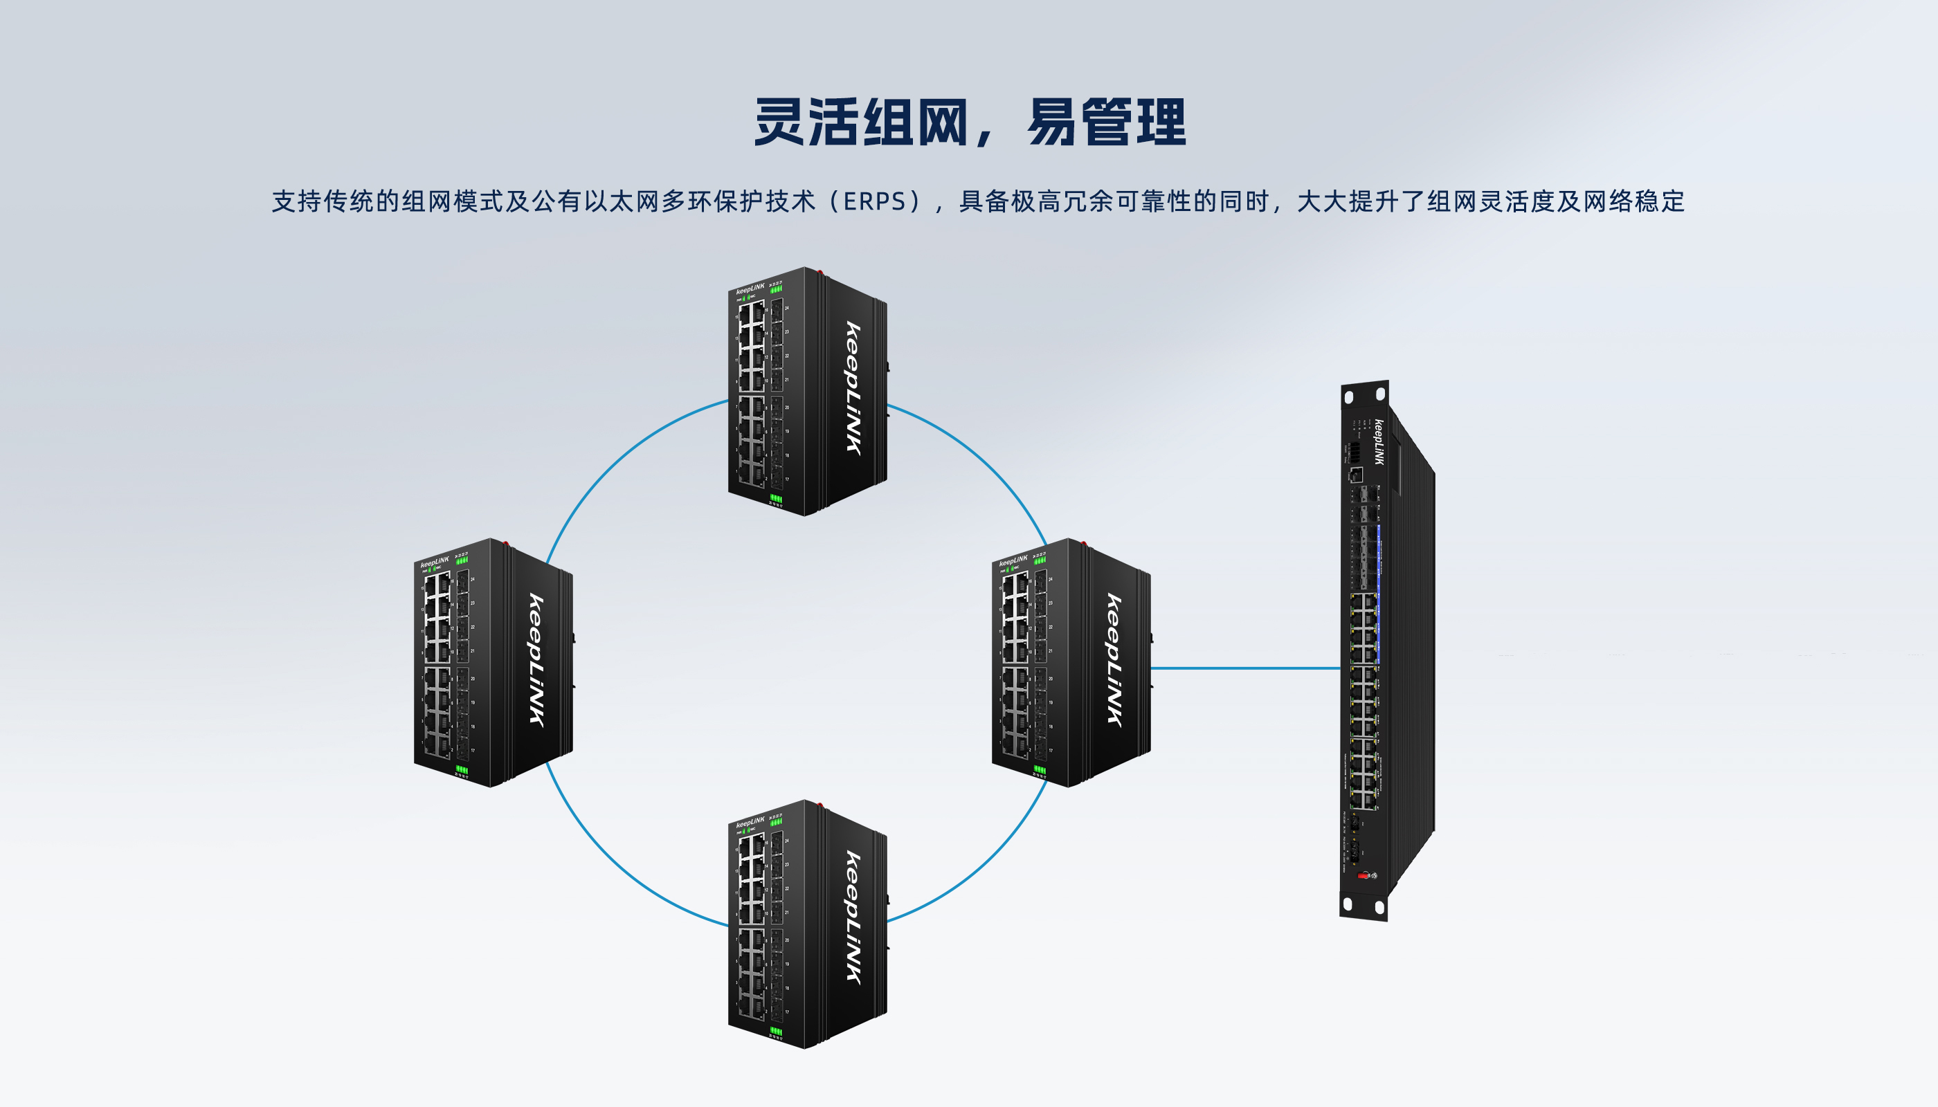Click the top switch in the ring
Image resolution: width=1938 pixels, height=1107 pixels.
(806, 392)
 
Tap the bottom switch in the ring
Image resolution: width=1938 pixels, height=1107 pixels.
(806, 924)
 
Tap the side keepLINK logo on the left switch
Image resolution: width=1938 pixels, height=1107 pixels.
(537, 661)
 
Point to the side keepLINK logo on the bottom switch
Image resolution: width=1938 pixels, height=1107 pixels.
(854, 918)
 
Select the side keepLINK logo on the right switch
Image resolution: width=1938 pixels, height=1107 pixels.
(1114, 661)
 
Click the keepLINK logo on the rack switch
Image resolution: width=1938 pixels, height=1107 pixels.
(1379, 443)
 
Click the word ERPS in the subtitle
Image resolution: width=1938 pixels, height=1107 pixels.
(875, 201)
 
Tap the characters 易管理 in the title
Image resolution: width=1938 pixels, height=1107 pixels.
(1107, 122)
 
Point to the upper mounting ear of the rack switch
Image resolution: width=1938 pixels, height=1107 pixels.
(1364, 394)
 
